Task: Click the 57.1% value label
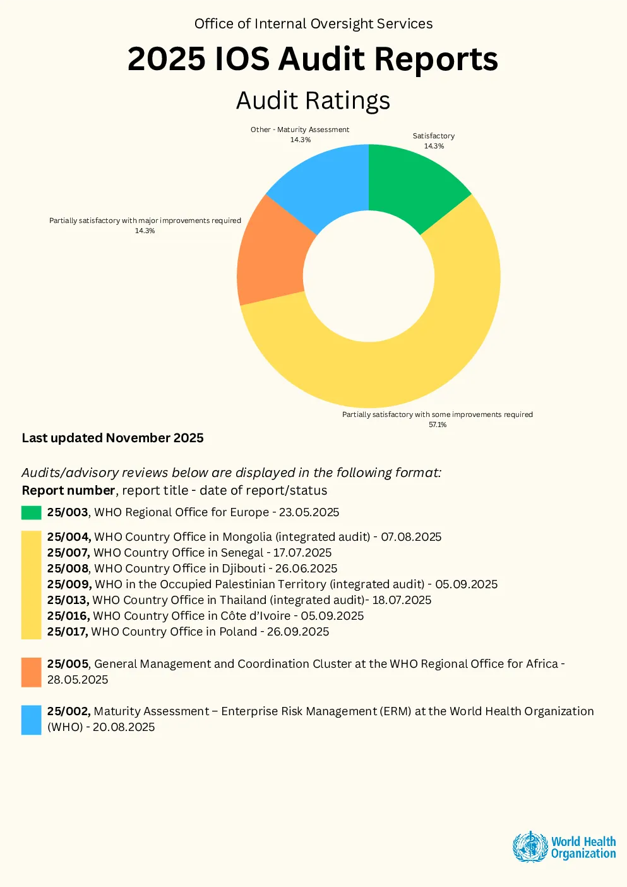438,425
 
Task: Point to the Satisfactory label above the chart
433,136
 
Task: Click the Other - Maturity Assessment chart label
300,130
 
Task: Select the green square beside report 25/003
32,512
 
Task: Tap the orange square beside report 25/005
32,672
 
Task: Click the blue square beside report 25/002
32,720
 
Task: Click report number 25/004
69,537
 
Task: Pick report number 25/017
68,632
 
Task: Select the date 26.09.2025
297,632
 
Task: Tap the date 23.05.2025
309,512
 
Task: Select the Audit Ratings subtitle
313,100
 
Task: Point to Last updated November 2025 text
112,438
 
